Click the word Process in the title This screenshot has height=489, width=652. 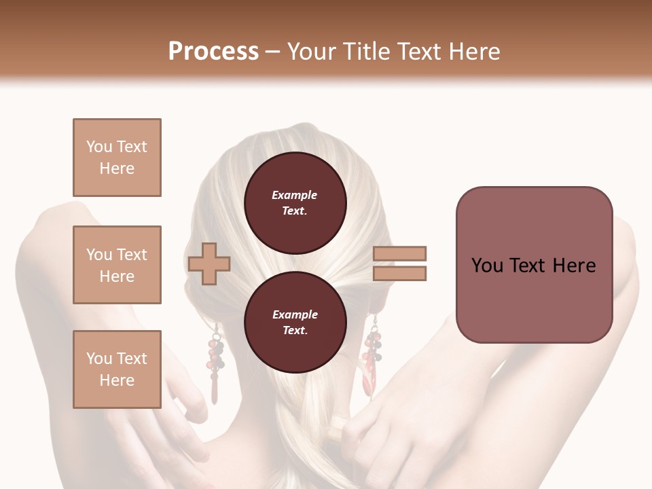click(x=213, y=52)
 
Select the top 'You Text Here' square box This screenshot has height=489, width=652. click(x=117, y=158)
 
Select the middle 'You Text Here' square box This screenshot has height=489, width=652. click(x=117, y=265)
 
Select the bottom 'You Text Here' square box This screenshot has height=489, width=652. click(x=117, y=369)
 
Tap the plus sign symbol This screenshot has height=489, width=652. click(x=209, y=264)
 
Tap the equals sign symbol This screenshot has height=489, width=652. click(x=400, y=264)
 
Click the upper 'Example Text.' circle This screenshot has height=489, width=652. click(x=295, y=203)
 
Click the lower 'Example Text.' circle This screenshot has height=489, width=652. click(x=295, y=323)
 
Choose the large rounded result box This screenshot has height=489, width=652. click(x=534, y=265)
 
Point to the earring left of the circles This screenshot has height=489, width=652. click(x=215, y=363)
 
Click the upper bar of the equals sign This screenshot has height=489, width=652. click(x=400, y=254)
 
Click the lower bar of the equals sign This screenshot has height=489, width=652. click(x=400, y=273)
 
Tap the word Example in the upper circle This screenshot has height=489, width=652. click(x=295, y=196)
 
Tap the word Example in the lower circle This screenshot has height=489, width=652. click(x=295, y=315)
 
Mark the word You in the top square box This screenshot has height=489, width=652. click(x=98, y=147)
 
